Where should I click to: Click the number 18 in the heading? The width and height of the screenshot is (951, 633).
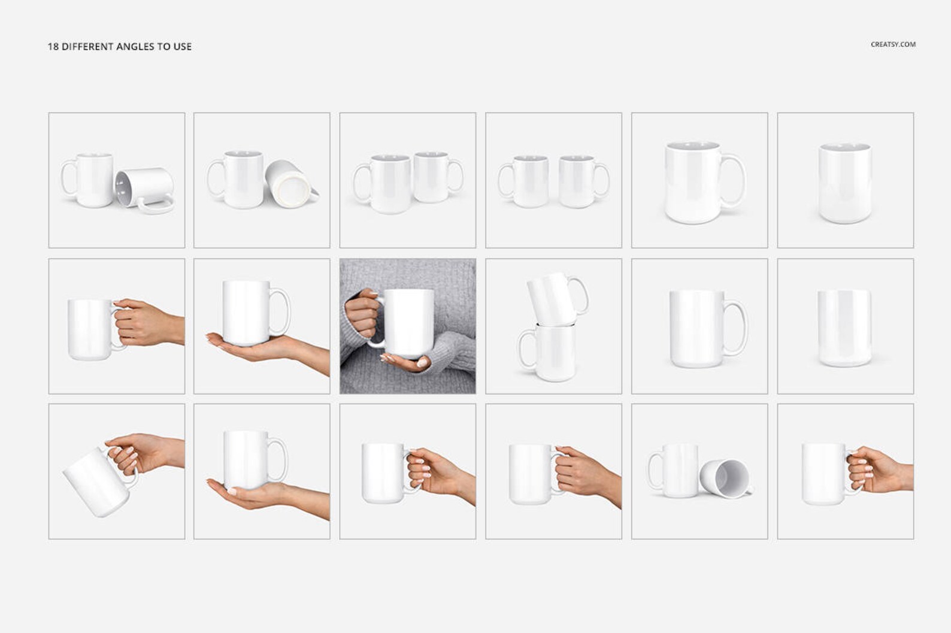[53, 47]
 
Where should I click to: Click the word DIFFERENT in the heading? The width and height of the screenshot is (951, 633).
[88, 47]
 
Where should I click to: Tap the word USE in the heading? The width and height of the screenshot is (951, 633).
[183, 47]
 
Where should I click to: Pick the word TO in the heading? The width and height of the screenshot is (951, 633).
[163, 47]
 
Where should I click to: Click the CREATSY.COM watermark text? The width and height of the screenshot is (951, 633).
[893, 44]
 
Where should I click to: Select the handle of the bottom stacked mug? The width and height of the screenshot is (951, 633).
[525, 349]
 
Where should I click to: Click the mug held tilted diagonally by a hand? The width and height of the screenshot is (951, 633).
[97, 482]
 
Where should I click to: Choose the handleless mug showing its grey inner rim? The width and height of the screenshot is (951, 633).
[845, 183]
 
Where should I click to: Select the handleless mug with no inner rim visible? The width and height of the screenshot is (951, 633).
[844, 328]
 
